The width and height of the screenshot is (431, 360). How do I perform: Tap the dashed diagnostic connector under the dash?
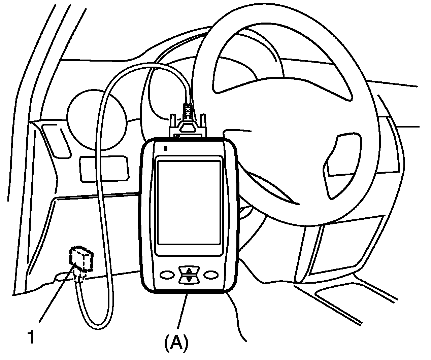[x=81, y=259]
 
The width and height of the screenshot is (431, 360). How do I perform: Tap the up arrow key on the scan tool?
[x=189, y=270]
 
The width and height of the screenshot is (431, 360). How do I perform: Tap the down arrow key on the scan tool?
[x=189, y=279]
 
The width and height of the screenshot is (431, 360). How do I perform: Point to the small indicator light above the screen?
[x=165, y=148]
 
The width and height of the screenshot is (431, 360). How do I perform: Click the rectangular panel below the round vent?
[x=104, y=169]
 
